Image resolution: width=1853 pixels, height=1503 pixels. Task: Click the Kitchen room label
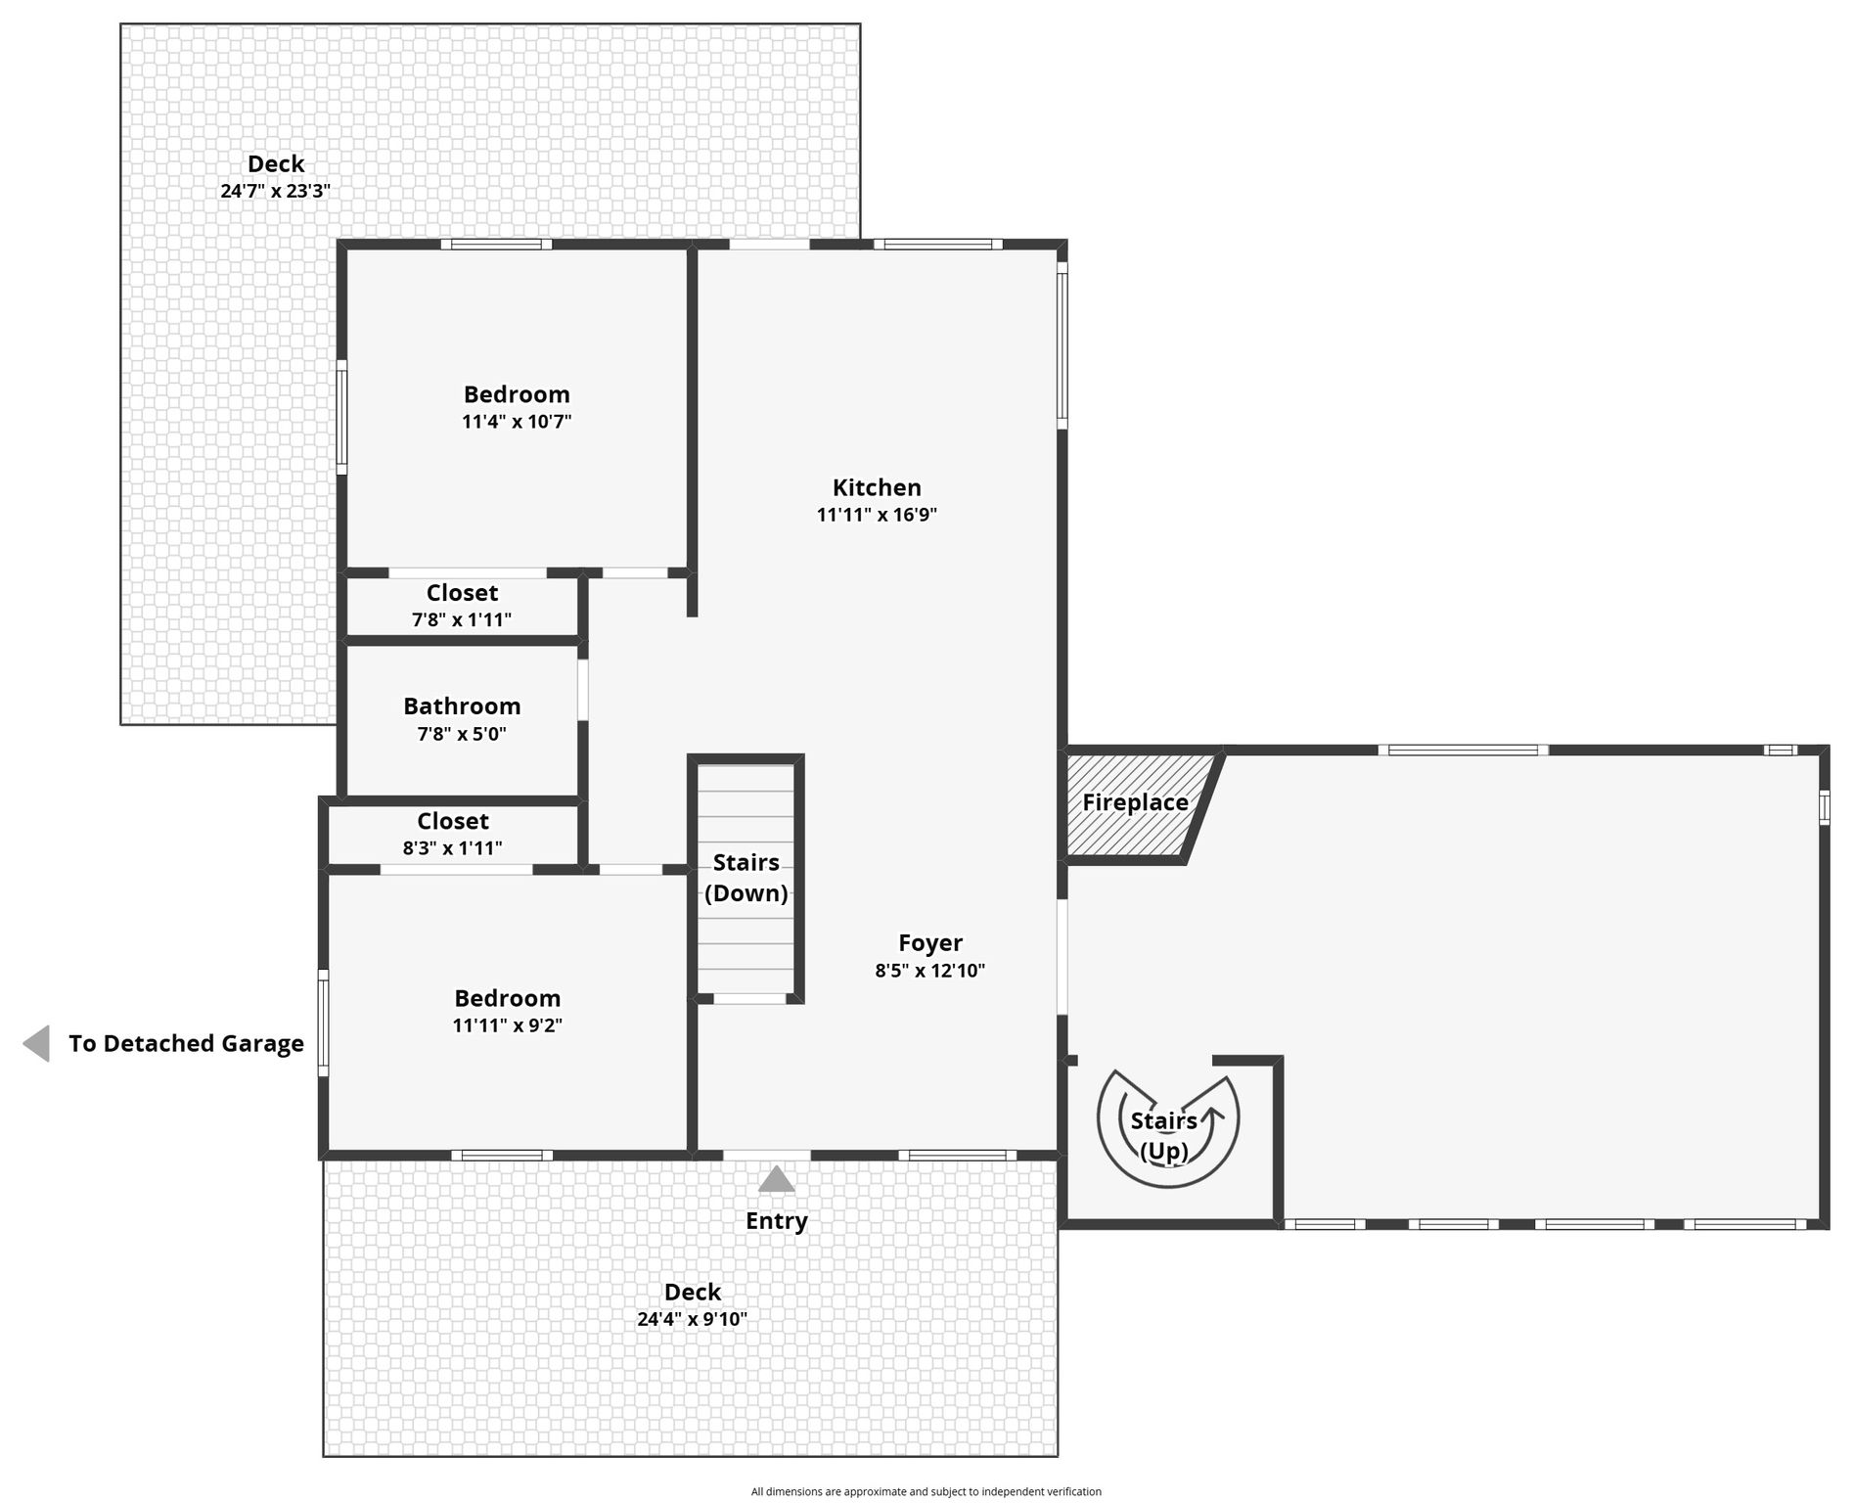pyautogui.click(x=877, y=487)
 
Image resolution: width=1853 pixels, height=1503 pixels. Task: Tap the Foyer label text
pyautogui.click(x=930, y=943)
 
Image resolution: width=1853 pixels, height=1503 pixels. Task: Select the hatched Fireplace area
pyautogui.click(x=1141, y=805)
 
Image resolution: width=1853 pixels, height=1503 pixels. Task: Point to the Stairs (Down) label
pyautogui.click(x=746, y=878)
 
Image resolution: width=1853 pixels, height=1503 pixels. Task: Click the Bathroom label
pyautogui.click(x=462, y=706)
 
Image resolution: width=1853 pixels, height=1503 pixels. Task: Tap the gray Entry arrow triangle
pyautogui.click(x=777, y=1178)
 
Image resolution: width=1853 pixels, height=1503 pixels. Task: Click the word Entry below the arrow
pyautogui.click(x=777, y=1221)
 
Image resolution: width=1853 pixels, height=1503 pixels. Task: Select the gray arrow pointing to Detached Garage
pyautogui.click(x=36, y=1043)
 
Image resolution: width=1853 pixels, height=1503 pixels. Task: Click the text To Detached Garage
pyautogui.click(x=186, y=1044)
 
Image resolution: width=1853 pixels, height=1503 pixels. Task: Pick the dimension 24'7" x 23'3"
pyautogui.click(x=275, y=191)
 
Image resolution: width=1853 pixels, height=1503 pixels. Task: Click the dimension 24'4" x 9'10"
pyautogui.click(x=693, y=1319)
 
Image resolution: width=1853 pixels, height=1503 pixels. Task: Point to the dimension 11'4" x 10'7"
pyautogui.click(x=517, y=422)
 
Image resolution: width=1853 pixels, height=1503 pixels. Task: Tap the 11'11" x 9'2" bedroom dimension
pyautogui.click(x=507, y=1025)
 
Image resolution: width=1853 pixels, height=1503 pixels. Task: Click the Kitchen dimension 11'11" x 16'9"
pyautogui.click(x=877, y=515)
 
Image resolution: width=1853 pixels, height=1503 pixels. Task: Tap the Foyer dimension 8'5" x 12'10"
pyautogui.click(x=930, y=971)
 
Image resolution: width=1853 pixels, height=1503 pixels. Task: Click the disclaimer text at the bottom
pyautogui.click(x=926, y=1492)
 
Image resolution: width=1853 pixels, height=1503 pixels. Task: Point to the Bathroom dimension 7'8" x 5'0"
pyautogui.click(x=462, y=734)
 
